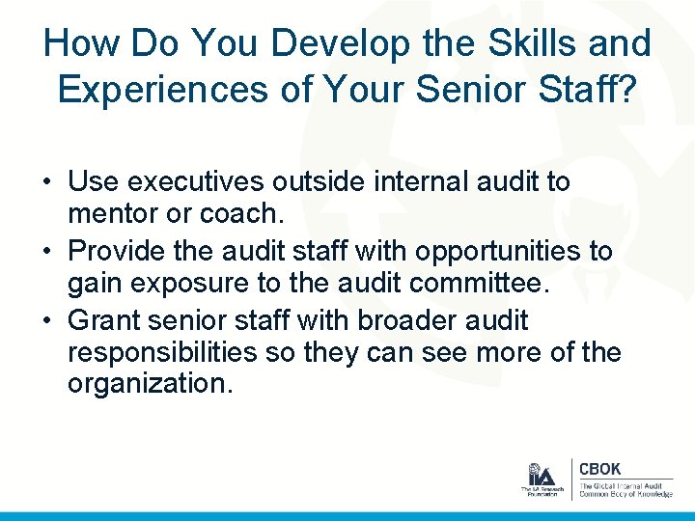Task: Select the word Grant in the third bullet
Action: pyautogui.click(x=105, y=320)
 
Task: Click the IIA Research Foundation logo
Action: pyautogui.click(x=541, y=480)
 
